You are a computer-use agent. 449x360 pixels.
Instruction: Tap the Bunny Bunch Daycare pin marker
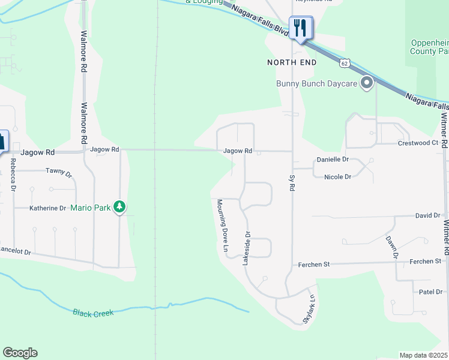(367, 83)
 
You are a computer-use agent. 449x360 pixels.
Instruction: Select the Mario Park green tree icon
(120, 208)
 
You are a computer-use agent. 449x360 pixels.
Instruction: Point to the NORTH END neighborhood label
(292, 62)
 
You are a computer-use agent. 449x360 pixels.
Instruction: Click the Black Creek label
(93, 313)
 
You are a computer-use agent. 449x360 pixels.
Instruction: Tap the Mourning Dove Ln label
(223, 226)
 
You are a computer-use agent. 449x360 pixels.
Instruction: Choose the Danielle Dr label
(333, 160)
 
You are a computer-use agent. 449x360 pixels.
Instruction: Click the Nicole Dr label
(337, 177)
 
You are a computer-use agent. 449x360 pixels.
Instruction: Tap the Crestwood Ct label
(418, 143)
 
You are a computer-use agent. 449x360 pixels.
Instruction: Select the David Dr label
(428, 215)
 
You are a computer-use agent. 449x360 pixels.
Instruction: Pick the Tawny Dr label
(59, 173)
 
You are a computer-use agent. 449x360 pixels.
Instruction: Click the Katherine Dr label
(48, 208)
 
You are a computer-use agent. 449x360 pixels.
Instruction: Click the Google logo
(20, 353)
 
